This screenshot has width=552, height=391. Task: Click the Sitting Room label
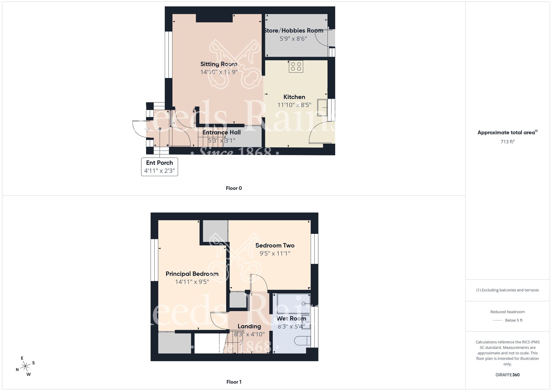coord(219,64)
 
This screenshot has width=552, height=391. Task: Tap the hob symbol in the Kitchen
coord(296,66)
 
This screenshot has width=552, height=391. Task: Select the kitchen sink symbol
coord(322,107)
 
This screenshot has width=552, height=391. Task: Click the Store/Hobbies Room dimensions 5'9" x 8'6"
coord(293,39)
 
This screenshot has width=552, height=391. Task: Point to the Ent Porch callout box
coord(160,167)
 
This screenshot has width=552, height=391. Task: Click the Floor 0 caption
coord(234,188)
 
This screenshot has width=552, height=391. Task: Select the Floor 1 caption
coord(234,382)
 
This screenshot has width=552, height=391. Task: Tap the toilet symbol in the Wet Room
coord(302,341)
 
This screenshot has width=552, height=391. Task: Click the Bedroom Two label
coord(275,246)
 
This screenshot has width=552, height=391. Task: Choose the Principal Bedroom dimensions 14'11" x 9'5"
coord(192,282)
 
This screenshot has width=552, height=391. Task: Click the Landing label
coord(249,327)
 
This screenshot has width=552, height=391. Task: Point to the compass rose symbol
coord(25,366)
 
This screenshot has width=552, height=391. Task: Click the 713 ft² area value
coord(507,142)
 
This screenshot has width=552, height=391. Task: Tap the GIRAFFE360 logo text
coord(507,375)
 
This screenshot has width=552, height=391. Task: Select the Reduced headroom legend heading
coord(507,312)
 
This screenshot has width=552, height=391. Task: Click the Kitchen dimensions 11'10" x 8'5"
coord(294,105)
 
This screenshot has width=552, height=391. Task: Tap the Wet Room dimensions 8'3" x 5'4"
coord(291,327)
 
